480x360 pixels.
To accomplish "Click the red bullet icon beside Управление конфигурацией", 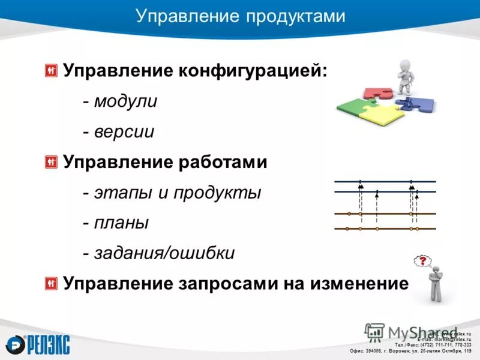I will click(x=51, y=70).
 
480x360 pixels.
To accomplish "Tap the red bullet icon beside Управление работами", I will click(x=51, y=161).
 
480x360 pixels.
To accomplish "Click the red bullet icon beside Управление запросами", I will click(x=51, y=283).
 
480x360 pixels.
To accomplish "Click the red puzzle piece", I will click(x=377, y=92).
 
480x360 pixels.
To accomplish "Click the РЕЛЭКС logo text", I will click(x=48, y=344).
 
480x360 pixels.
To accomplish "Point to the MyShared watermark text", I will click(x=408, y=332).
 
